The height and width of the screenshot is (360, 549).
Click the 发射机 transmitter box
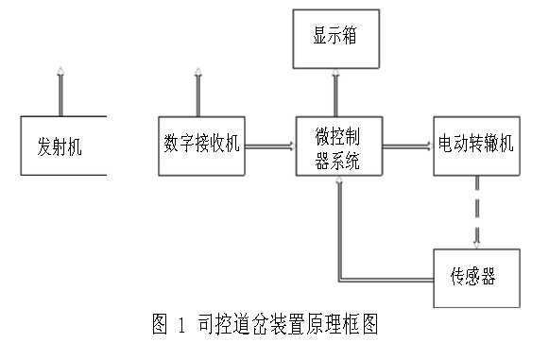click(60, 146)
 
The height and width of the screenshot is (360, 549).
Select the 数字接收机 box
click(201, 145)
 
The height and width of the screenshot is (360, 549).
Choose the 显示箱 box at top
click(334, 40)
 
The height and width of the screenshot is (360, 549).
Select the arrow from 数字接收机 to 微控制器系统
click(268, 146)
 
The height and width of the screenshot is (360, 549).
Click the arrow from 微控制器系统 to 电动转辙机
click(405, 146)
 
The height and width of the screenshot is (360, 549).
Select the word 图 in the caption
click(159, 326)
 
